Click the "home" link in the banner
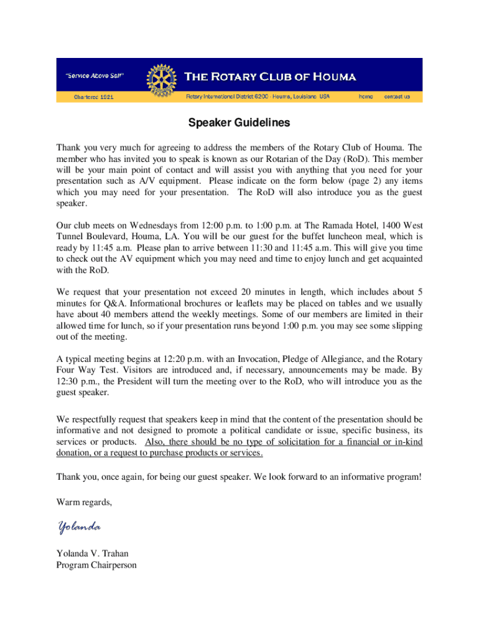[x=366, y=97]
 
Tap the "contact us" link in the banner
[x=397, y=97]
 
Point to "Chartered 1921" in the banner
[x=94, y=97]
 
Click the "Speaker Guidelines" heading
[x=239, y=123]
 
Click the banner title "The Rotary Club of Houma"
[x=270, y=77]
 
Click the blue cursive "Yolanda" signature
[x=79, y=528]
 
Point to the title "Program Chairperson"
[x=96, y=565]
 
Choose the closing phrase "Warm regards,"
[x=85, y=502]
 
